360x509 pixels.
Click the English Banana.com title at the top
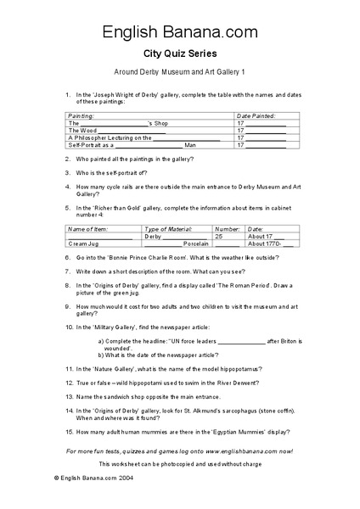(179, 32)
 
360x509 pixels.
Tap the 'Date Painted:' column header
(256, 115)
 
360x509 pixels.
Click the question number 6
(67, 255)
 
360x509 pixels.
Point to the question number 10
(69, 327)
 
